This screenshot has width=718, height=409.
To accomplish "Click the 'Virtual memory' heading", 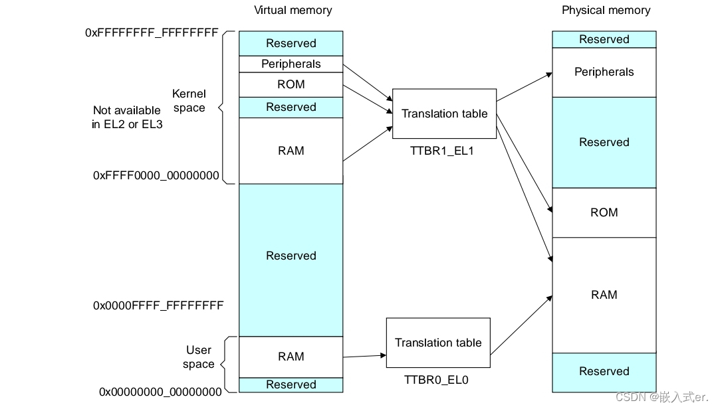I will tap(293, 10).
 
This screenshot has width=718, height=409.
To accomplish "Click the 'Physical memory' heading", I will tap(606, 10).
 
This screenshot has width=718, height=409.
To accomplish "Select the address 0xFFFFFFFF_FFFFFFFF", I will tap(152, 32).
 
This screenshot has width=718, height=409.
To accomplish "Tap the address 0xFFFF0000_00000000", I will tap(156, 175).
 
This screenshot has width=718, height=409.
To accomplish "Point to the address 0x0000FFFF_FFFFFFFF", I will tap(158, 305).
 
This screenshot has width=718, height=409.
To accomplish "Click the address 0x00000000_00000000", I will tap(160, 392).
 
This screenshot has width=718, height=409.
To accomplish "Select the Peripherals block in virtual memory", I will tap(291, 64).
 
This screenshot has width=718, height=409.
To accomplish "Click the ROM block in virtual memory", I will tap(291, 84).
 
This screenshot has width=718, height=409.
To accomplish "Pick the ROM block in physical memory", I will tap(604, 212).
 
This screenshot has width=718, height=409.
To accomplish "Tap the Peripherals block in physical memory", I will tap(604, 72).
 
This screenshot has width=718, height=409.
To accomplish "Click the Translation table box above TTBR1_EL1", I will tap(444, 114).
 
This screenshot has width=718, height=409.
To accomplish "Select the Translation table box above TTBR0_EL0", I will tap(437, 343).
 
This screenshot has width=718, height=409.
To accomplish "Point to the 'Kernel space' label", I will tap(189, 101).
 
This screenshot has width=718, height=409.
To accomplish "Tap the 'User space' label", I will tap(198, 357).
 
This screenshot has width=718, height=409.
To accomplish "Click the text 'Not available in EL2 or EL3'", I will tap(126, 118).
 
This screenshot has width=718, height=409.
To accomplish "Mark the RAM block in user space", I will tap(291, 357).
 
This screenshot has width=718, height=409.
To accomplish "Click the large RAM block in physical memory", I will tap(604, 295).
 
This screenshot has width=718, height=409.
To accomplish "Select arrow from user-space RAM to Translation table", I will tap(364, 356).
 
